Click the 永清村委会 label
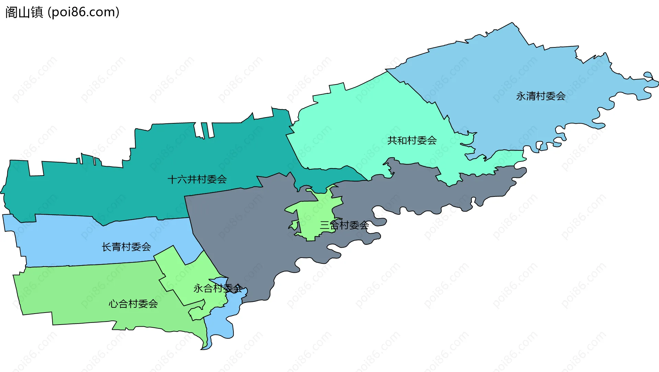click(x=541, y=96)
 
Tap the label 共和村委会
click(x=412, y=140)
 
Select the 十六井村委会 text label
click(x=197, y=179)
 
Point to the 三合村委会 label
click(x=344, y=225)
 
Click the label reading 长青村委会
click(x=126, y=247)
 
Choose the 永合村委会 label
click(x=218, y=289)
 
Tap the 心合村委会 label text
click(x=133, y=304)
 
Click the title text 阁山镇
click(x=24, y=12)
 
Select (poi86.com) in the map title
click(x=84, y=12)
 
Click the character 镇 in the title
click(x=37, y=12)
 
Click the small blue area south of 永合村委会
click(x=220, y=326)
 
